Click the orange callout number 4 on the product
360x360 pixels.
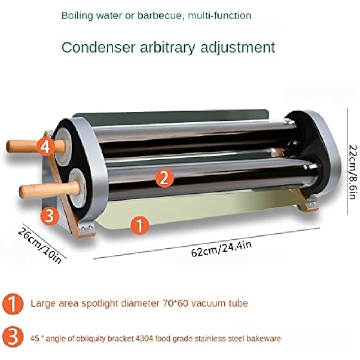(47, 147)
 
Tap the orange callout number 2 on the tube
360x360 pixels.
(164, 178)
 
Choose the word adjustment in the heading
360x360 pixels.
(238, 47)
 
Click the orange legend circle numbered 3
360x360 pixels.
(13, 339)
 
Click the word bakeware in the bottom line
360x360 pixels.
(266, 338)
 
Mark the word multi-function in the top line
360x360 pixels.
(228, 15)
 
